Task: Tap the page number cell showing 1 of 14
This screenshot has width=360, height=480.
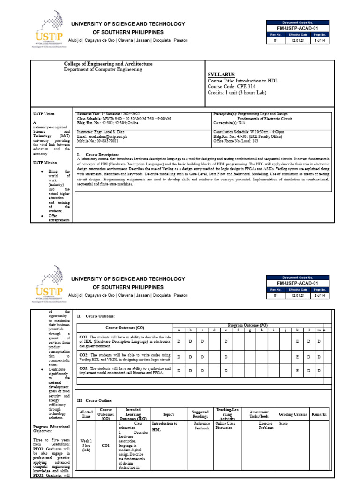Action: pyautogui.click(x=320, y=41)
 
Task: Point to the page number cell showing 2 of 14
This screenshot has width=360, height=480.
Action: pyautogui.click(x=320, y=296)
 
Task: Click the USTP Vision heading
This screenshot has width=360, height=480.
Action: pyautogui.click(x=44, y=114)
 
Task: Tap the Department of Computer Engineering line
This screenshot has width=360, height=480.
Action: pyautogui.click(x=103, y=69)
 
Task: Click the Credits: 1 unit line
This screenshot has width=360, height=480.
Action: pyautogui.click(x=237, y=93)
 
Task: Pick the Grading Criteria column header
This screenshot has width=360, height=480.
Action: pyautogui.click(x=293, y=414)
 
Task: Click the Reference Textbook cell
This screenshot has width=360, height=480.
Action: pyautogui.click(x=202, y=426)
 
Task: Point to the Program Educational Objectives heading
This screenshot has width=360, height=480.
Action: pyautogui.click(x=51, y=429)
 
